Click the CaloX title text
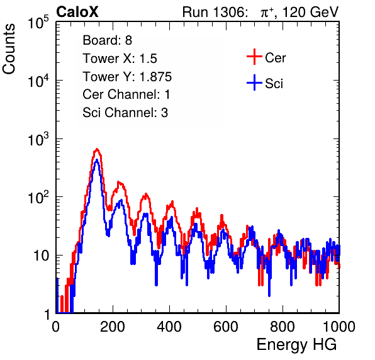point(77,12)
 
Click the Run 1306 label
point(215,12)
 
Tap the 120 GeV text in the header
point(311,12)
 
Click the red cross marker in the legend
point(254,57)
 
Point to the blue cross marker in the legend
point(254,82)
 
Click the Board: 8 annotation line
point(108,40)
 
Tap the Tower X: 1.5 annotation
point(120,59)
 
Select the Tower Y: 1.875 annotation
point(127,77)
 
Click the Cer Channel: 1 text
point(126,94)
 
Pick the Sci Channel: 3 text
point(125,113)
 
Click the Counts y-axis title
point(9,49)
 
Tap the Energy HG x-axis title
point(296,345)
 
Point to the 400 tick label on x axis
point(169,327)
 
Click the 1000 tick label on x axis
point(339,327)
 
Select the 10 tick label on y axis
point(41,256)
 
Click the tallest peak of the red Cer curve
point(97,149)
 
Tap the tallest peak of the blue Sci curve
point(97,160)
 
